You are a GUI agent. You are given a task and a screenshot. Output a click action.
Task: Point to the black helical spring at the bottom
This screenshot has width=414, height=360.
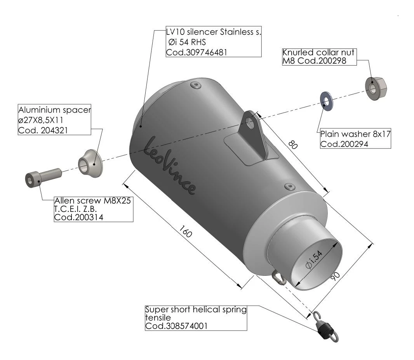324,330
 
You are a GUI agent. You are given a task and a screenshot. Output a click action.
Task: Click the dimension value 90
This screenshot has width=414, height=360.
335,276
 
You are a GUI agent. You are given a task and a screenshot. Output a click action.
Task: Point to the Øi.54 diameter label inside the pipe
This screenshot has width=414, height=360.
314,260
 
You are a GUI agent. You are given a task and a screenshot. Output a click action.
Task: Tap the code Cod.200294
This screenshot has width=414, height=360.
344,144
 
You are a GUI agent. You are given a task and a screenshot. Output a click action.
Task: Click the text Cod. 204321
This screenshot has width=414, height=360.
43,130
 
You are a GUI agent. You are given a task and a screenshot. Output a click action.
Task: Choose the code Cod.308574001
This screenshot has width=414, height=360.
176,326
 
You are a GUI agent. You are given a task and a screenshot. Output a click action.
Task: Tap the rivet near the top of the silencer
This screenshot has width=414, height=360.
195,85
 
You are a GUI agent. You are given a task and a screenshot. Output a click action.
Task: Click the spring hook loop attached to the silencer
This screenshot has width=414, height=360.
277,277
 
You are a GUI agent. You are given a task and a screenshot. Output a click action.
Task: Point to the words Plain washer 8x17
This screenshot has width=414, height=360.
355,135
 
